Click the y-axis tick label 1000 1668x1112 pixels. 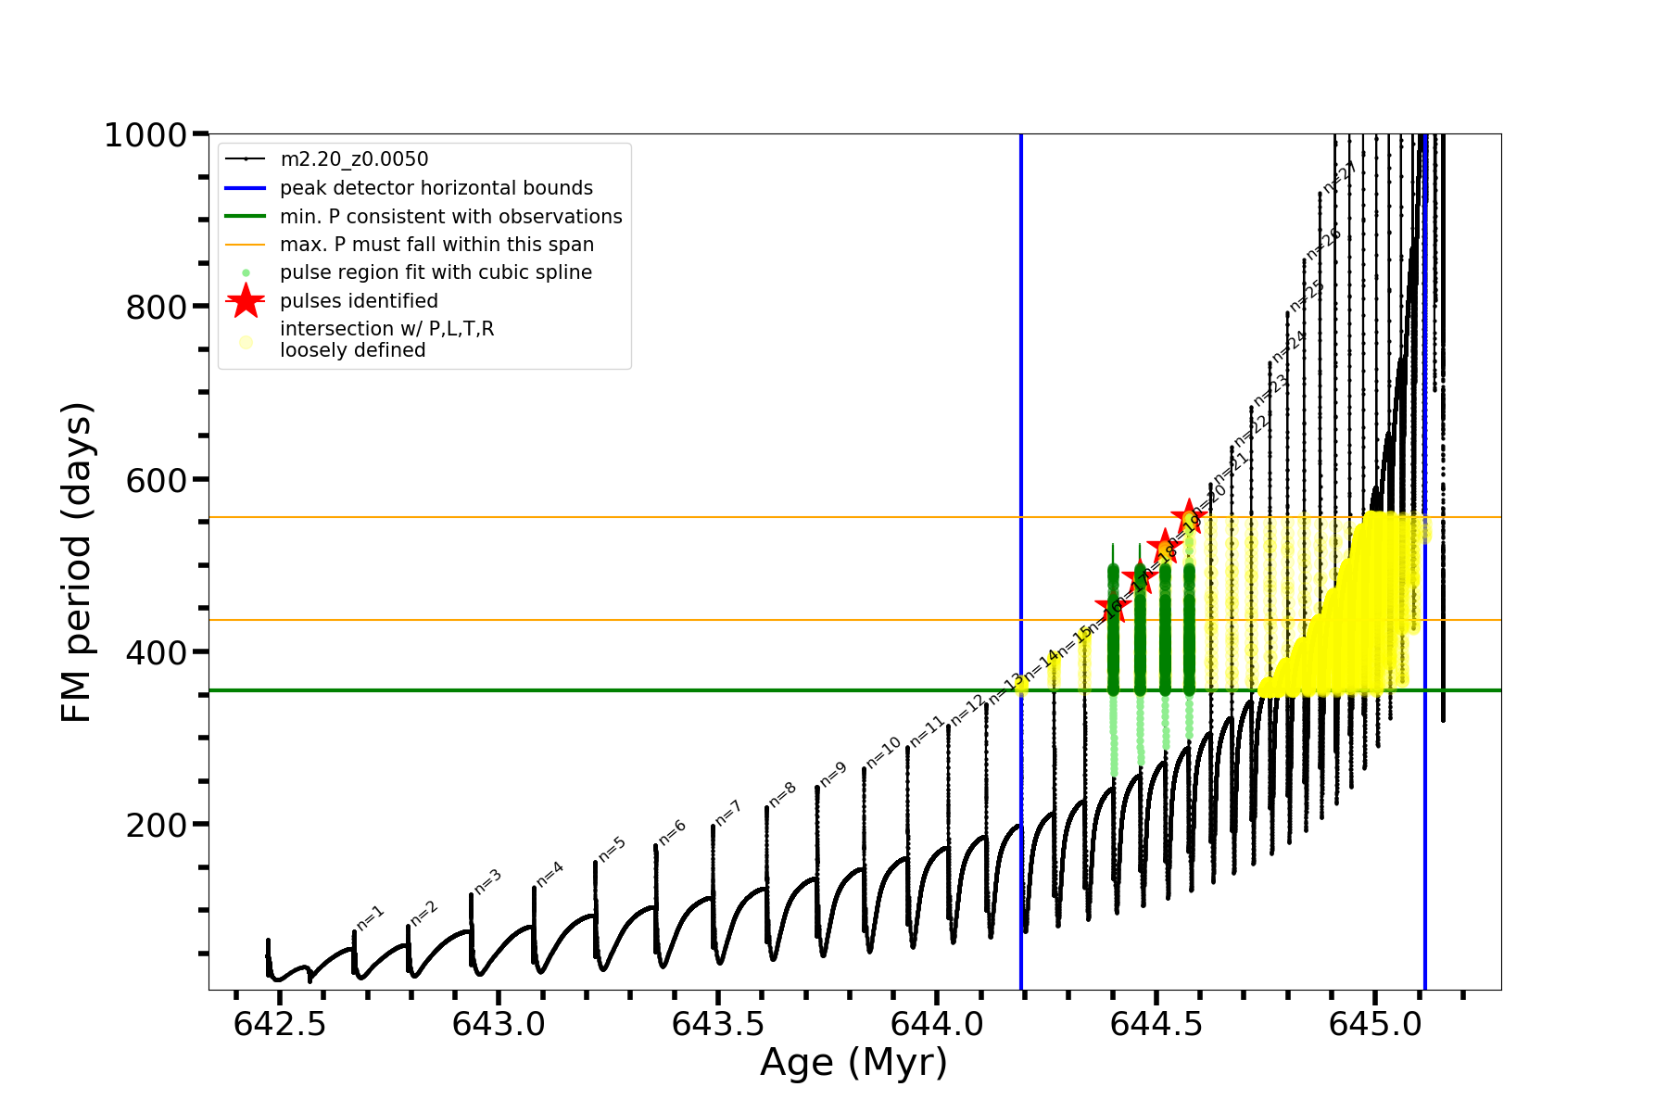click(145, 135)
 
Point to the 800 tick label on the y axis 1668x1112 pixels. click(157, 308)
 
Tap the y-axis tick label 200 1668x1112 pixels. click(157, 825)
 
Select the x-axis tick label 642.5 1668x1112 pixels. click(280, 1024)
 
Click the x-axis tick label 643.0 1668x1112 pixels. click(499, 1024)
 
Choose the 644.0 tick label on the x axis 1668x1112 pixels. click(937, 1024)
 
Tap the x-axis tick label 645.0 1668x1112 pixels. click(1375, 1024)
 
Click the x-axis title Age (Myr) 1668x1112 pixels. click(853, 1063)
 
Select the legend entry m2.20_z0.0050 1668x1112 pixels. click(354, 159)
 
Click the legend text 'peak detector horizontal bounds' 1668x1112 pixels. click(436, 188)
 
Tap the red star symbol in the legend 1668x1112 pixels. click(246, 301)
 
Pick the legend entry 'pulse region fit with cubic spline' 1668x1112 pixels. click(436, 272)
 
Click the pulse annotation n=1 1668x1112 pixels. click(370, 916)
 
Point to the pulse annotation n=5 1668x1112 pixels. click(612, 850)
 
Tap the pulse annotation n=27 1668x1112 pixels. click(1339, 177)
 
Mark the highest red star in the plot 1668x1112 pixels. click(1189, 516)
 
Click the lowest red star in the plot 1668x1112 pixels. click(1112, 607)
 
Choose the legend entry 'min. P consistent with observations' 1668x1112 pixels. click(451, 217)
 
